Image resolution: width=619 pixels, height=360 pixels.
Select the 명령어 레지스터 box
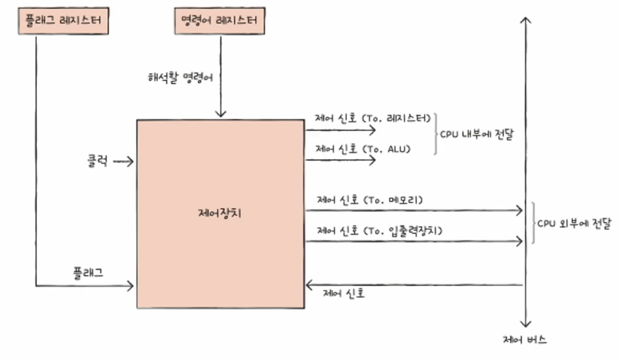pos(219,21)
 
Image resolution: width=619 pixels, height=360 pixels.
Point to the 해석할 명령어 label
pos(180,78)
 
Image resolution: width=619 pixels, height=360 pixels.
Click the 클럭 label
pos(98,161)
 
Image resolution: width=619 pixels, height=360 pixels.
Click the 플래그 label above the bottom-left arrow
pos(88,273)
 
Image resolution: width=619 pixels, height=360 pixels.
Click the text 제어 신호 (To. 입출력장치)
pos(380,231)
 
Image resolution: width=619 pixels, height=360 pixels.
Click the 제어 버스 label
pos(525,340)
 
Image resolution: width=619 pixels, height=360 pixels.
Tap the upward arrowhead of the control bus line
pos(526,20)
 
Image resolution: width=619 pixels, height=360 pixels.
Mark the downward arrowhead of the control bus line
pos(526,324)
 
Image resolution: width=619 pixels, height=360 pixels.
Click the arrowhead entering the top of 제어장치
pos(221,114)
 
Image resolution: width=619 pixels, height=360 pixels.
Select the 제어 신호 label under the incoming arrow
pos(343,293)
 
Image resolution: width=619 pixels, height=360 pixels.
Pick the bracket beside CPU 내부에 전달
pos(435,134)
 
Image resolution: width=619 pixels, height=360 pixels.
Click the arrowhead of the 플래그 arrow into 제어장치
pos(131,286)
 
